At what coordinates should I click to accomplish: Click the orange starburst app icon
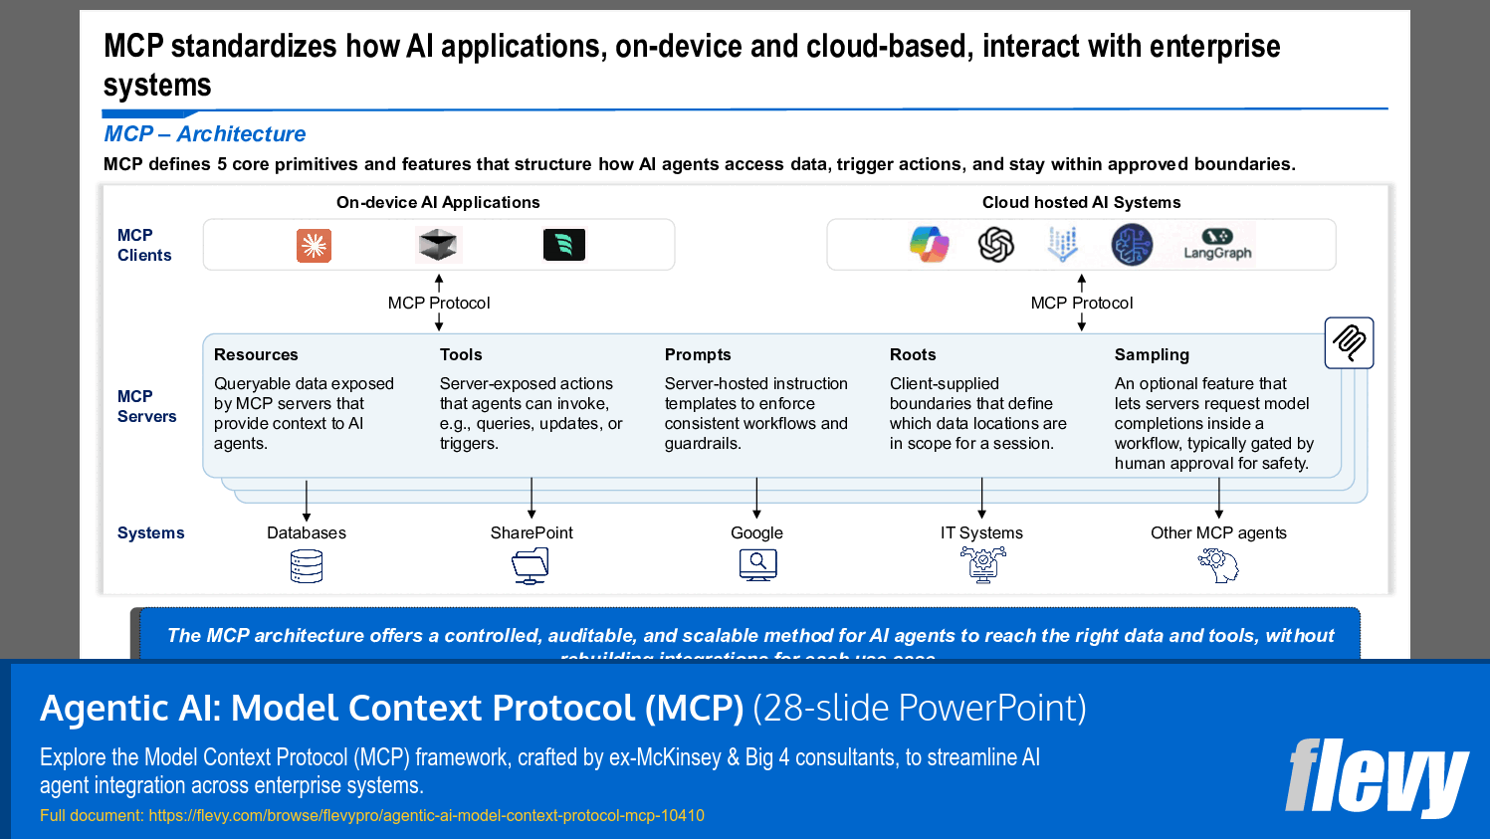tap(314, 246)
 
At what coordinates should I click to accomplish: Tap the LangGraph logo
tap(1217, 245)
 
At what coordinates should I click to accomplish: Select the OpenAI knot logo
tap(995, 245)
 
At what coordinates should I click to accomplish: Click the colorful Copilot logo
tap(930, 245)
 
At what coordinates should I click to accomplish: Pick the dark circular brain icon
tap(1132, 245)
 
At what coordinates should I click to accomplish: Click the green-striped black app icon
tap(564, 245)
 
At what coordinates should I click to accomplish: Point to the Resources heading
tap(256, 355)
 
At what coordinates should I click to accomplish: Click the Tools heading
tap(461, 355)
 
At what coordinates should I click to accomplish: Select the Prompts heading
tap(698, 355)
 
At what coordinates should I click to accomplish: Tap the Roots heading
tap(913, 355)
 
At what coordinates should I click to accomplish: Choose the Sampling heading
tap(1152, 355)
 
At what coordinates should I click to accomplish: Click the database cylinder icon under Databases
tap(307, 566)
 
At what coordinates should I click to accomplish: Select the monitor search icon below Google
tap(757, 565)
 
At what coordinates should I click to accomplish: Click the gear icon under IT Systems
tap(982, 565)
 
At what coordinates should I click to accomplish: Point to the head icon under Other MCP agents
tap(1218, 566)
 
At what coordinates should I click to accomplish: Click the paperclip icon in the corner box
tap(1349, 343)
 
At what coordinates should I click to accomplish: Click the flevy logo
tap(1377, 777)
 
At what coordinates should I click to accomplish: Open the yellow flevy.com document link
tap(426, 816)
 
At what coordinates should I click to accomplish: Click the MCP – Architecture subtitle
tap(205, 134)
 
